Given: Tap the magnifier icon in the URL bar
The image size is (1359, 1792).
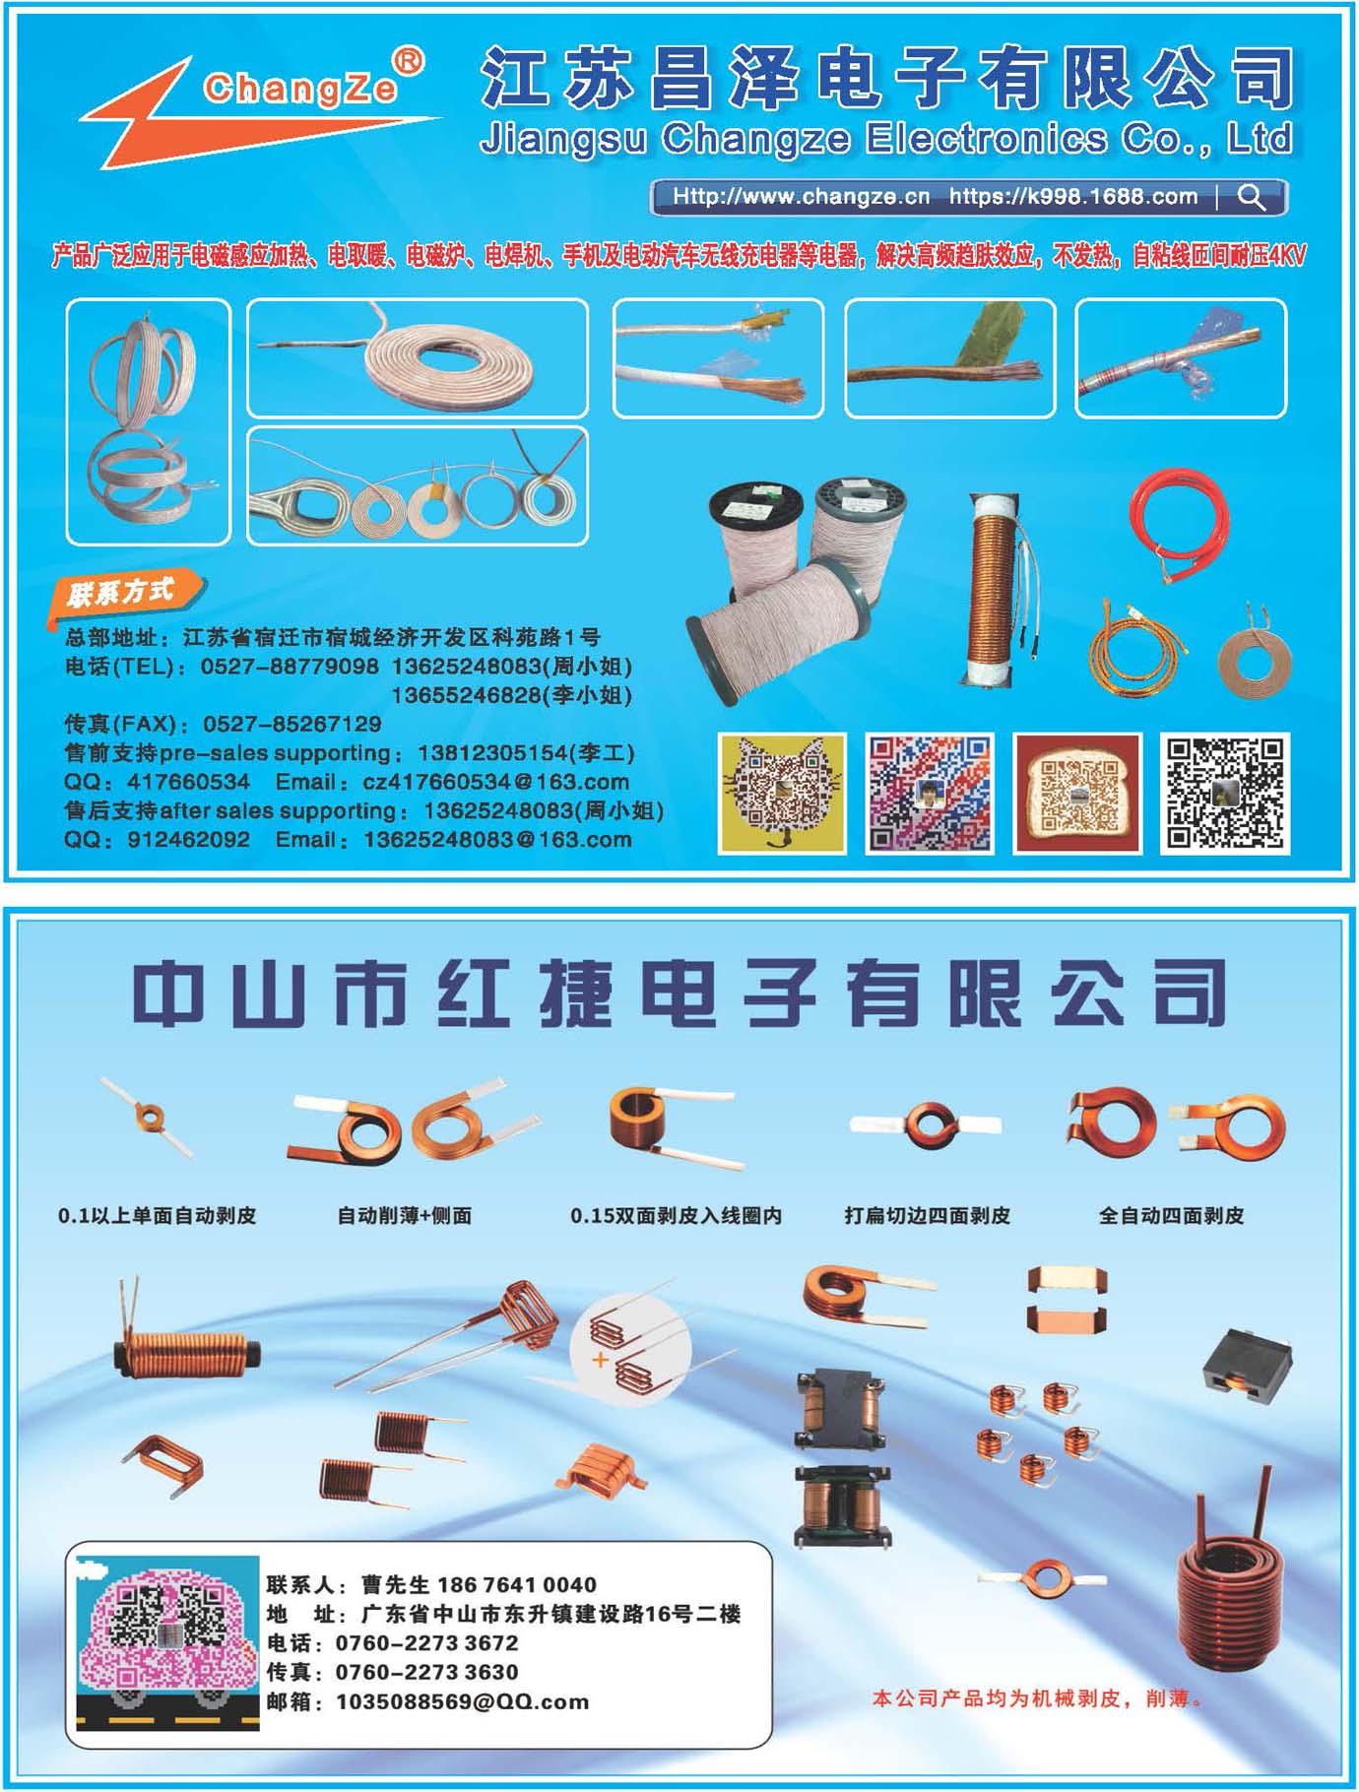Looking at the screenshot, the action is click(x=1252, y=197).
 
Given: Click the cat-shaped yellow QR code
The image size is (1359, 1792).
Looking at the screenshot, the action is click(x=782, y=794).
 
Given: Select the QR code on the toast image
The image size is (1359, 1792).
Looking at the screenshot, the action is click(x=1077, y=794).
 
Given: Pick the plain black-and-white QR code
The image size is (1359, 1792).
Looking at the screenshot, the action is click(x=1225, y=794).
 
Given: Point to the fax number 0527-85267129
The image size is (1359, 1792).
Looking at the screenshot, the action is click(x=291, y=724).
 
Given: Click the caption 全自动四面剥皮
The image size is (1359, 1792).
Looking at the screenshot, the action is click(x=1171, y=1215).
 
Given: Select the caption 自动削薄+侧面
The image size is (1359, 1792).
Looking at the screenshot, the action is click(x=404, y=1215).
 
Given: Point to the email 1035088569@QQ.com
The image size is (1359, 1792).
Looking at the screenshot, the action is click(x=462, y=1701).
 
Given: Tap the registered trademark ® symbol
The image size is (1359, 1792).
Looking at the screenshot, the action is click(x=409, y=62).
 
